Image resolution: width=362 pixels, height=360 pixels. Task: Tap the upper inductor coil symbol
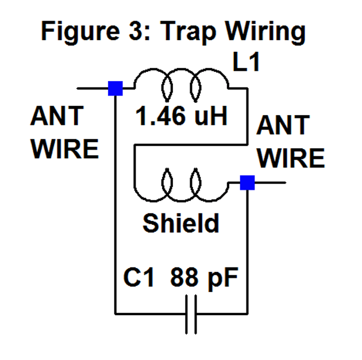coord(182,83)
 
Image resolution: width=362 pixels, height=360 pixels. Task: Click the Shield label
coord(181,223)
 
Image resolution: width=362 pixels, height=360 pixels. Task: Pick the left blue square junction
coord(115,88)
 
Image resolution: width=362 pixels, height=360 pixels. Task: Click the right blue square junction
coord(247,182)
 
